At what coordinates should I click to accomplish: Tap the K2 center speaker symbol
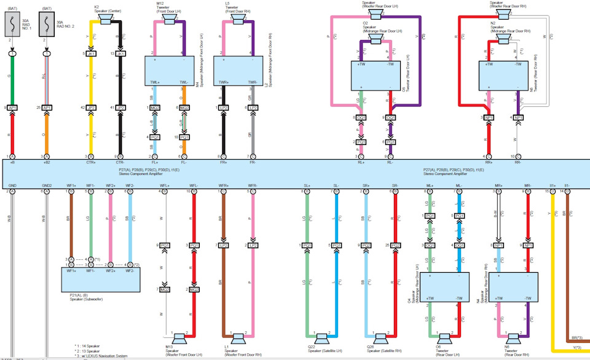[x=106, y=20]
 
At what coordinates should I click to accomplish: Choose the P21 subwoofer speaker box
[x=100, y=280]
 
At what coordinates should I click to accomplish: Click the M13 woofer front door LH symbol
[x=179, y=338]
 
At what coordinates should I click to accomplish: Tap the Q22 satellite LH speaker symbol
[x=320, y=338]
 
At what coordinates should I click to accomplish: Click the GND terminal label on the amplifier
[x=12, y=184]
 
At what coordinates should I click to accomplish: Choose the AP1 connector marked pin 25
[x=48, y=107]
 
